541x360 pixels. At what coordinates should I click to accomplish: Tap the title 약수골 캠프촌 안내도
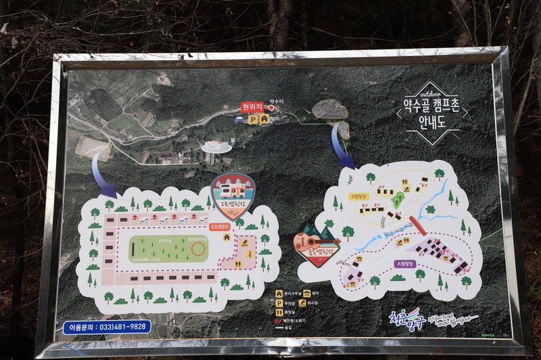[432, 112]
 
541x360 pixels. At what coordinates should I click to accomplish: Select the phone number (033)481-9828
[108, 326]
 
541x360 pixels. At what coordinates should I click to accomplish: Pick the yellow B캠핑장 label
[358, 196]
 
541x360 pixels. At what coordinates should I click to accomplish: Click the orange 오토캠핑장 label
[222, 227]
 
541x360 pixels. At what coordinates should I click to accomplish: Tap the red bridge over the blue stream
[417, 225]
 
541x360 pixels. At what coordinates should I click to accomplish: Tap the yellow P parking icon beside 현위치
[252, 119]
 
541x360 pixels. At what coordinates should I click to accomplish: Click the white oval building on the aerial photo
[216, 147]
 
